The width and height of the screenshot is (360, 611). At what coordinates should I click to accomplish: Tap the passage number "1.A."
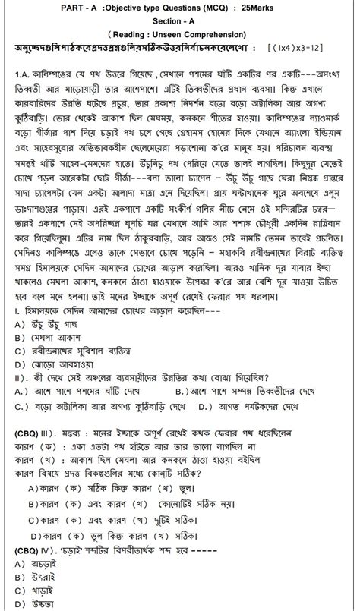click(x=26, y=77)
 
